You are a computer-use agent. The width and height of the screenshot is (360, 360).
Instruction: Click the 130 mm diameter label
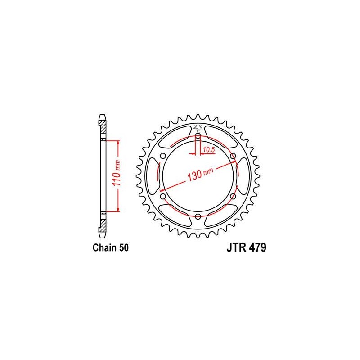[x=200, y=174]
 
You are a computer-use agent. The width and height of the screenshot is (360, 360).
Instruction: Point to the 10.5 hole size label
[x=209, y=150]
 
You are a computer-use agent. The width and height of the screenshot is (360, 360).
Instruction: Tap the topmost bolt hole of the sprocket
[x=198, y=136]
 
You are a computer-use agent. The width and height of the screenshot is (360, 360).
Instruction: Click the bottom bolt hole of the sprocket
[x=198, y=216]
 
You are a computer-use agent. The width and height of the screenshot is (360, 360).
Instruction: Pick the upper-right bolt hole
[x=233, y=156]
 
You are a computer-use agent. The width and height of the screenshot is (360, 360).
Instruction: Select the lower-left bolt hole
[x=163, y=196]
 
